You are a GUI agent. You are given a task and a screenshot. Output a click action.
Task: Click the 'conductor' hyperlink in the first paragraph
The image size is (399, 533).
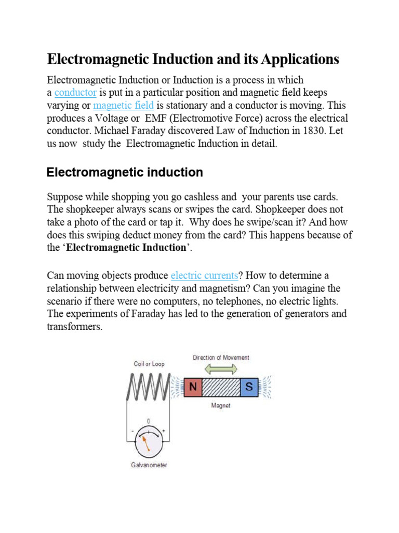(75, 93)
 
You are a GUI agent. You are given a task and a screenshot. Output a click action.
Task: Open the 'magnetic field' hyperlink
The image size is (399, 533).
(123, 106)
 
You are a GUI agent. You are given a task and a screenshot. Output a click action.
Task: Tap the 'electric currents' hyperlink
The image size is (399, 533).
(204, 275)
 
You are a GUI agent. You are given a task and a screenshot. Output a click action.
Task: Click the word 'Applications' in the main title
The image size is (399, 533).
(299, 59)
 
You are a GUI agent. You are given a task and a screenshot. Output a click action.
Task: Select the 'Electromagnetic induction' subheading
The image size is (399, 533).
(125, 172)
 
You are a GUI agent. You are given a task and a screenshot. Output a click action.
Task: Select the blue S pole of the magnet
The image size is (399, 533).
(249, 387)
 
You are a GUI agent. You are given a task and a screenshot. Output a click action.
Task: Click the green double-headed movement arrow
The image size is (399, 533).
(221, 369)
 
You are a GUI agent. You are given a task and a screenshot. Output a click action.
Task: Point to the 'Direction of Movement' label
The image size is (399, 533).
(221, 358)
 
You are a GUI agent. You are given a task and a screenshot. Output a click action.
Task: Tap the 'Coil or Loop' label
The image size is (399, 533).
(149, 364)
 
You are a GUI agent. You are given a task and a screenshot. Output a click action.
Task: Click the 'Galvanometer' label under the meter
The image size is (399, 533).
(149, 465)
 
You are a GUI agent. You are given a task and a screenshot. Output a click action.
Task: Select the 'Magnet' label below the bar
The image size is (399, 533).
(221, 406)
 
